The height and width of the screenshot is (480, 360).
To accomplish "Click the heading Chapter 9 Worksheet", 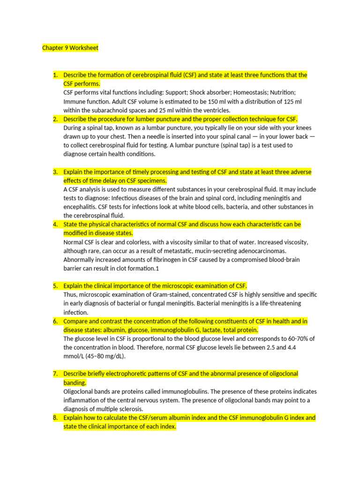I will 70,48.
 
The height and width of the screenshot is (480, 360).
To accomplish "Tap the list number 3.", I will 55,172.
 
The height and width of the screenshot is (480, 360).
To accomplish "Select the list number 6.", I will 55,321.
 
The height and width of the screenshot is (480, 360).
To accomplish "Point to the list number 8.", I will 55,417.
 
